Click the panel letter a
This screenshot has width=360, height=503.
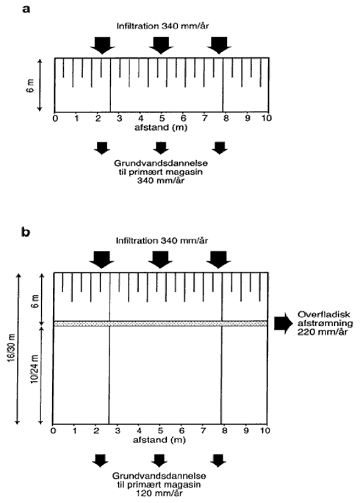[x=26, y=9]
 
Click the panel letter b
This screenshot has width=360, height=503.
[x=26, y=231]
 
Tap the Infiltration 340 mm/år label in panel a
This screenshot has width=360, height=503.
[x=162, y=26]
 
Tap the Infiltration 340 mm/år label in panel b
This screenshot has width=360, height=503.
[x=162, y=240]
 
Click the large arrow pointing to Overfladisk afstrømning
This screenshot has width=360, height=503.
[x=284, y=324]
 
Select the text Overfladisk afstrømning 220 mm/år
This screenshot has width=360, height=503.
[x=325, y=323]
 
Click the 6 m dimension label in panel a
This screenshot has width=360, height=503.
[x=30, y=85]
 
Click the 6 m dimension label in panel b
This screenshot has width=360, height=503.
[x=35, y=301]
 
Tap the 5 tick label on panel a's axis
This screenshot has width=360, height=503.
[x=162, y=118]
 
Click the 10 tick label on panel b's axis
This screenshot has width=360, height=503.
[x=265, y=430]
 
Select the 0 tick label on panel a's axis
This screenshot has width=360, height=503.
[x=56, y=118]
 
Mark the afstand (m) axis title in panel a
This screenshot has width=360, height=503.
[x=161, y=128]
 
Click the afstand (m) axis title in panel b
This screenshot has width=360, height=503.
[x=159, y=440]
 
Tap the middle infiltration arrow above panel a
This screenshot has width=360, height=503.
[x=161, y=46]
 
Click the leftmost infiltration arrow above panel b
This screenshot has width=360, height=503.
[x=101, y=260]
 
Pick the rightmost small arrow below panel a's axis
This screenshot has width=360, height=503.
[x=220, y=148]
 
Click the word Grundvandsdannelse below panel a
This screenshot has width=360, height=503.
[x=161, y=163]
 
